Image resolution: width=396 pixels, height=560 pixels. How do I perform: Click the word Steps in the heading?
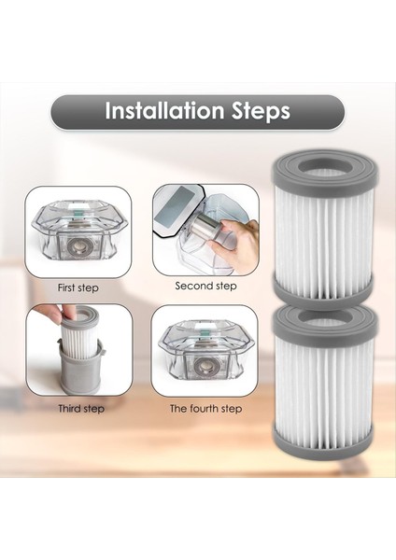[262, 112]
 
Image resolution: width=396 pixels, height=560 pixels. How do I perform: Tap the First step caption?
[78, 287]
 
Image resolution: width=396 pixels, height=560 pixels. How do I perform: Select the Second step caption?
[205, 287]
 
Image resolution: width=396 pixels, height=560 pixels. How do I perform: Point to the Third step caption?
[81, 408]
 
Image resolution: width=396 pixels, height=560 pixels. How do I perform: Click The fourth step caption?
[205, 408]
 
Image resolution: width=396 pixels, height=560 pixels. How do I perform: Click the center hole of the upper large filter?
[324, 166]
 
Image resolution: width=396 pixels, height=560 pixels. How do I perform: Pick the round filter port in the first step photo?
[77, 245]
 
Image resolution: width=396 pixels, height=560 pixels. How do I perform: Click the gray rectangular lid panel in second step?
[175, 205]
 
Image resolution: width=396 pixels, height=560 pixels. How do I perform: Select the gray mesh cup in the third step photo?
[80, 369]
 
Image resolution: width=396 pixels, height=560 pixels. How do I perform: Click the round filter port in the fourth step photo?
[205, 365]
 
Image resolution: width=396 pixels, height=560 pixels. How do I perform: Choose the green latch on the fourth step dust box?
[205, 333]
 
